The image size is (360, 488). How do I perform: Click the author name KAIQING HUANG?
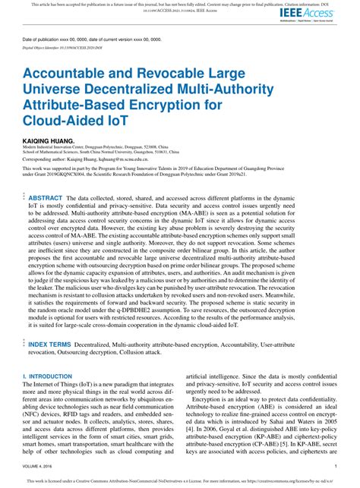49,141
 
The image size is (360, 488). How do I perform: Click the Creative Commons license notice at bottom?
180,481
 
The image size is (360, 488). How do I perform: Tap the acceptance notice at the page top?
180,4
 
